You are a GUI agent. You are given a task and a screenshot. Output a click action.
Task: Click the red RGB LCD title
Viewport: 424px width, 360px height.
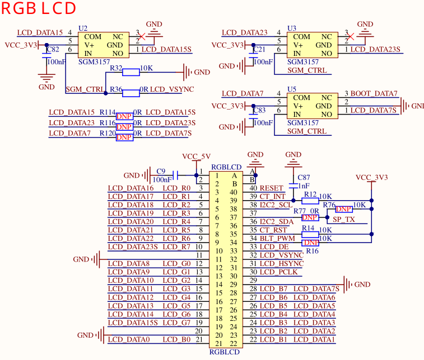click(x=39, y=8)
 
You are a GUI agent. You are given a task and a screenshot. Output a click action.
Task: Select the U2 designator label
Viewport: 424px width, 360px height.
click(x=83, y=29)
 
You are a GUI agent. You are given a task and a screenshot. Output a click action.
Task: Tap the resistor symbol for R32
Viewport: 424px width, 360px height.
click(x=131, y=72)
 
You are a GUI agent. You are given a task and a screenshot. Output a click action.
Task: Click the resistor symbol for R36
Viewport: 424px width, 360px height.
click(x=131, y=93)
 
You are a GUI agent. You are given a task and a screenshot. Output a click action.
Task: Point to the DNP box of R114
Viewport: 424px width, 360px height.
click(x=124, y=116)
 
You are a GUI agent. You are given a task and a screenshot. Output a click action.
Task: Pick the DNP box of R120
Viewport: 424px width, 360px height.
click(x=124, y=138)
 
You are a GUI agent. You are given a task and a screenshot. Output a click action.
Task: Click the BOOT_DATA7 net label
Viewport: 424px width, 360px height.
click(x=374, y=93)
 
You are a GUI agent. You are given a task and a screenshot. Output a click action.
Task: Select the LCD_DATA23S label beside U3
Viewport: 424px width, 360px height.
click(x=375, y=49)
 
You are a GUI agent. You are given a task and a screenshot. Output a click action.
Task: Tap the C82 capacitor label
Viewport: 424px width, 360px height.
click(x=53, y=49)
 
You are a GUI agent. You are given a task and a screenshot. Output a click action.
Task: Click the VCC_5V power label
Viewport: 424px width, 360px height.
click(x=196, y=157)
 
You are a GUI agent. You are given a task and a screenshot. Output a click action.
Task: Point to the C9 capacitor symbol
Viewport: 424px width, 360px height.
click(x=175, y=176)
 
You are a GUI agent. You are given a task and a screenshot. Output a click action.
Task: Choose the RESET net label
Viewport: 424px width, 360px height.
click(x=271, y=188)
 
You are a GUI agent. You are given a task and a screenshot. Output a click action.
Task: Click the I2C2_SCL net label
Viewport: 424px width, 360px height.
click(x=276, y=205)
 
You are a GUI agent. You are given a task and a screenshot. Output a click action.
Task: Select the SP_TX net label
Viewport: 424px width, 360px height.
click(x=344, y=219)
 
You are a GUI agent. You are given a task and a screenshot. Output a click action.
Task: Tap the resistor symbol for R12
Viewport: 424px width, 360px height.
click(x=310, y=201)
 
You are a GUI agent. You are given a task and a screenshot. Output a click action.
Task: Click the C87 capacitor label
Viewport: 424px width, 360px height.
click(x=304, y=177)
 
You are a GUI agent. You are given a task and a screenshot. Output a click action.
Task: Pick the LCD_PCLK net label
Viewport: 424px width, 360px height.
click(x=278, y=272)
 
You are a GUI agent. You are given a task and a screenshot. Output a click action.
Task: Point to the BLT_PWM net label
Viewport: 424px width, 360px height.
click(x=277, y=239)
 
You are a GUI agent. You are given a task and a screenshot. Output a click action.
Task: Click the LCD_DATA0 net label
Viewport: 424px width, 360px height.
click(x=129, y=339)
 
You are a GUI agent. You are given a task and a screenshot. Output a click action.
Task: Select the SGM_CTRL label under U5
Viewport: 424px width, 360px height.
click(x=307, y=131)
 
